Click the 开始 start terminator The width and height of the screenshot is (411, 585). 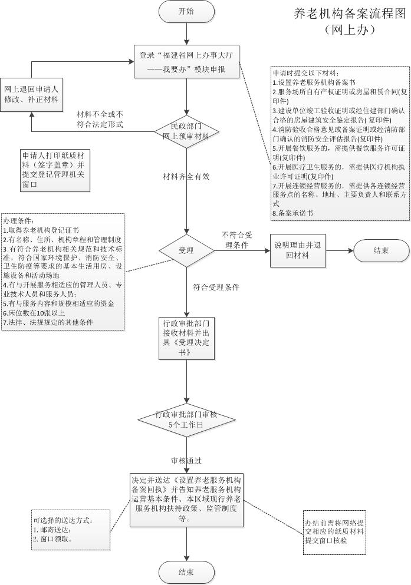coord(186,11)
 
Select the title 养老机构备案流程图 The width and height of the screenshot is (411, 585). coord(350,14)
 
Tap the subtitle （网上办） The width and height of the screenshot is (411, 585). coord(350,28)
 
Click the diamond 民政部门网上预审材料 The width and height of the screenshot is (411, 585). coord(186,131)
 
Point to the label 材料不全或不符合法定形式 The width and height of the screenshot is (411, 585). coord(100,119)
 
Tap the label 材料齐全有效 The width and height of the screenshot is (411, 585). coord(186,176)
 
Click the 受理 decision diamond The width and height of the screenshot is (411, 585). coord(186,250)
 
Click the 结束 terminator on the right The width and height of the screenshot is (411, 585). coord(381,250)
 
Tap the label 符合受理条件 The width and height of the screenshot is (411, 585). coord(216,287)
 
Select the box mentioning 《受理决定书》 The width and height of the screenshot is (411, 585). coord(186,338)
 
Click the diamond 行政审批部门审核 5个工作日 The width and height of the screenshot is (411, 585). coord(186,419)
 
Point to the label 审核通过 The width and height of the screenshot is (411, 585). coord(186,460)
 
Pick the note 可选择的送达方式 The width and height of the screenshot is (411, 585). coord(71,530)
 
